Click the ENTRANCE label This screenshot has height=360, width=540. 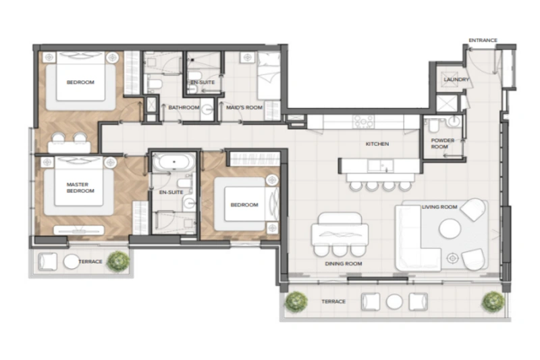483,41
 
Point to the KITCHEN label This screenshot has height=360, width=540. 377,144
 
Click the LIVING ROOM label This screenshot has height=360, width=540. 439,207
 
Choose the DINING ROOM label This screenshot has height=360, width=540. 344,263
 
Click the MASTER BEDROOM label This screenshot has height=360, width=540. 80,187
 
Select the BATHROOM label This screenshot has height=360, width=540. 183,107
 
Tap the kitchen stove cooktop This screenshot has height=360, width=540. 364,122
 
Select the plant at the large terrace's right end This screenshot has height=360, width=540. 493,300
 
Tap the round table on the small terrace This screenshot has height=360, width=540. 72,261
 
